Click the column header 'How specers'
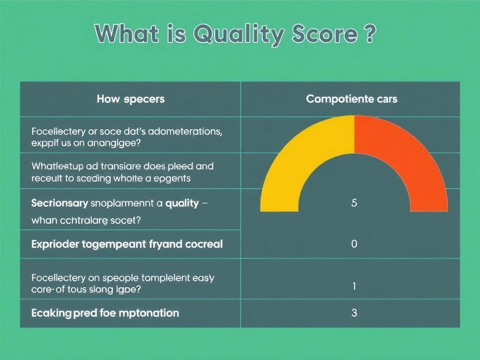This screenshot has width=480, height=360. point(130,99)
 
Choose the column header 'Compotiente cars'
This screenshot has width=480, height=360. point(352,99)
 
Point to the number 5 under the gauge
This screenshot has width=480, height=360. point(354,203)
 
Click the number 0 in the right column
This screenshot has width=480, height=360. point(354,244)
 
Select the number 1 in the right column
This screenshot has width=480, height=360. point(354,286)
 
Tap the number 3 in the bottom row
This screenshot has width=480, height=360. point(354,313)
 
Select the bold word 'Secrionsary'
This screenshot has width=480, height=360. point(60,203)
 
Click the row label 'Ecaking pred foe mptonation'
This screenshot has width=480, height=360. point(105,313)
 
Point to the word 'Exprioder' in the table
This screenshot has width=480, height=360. point(56,244)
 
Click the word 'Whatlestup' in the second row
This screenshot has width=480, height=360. point(57,166)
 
